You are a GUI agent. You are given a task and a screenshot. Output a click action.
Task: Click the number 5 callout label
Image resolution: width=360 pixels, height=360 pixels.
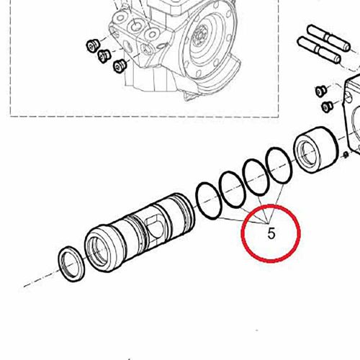tap(271, 233)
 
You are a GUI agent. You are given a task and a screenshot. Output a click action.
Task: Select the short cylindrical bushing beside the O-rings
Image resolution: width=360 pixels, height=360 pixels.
tap(316, 150)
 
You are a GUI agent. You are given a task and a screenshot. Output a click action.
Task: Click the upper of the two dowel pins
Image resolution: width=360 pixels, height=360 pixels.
tap(329, 38)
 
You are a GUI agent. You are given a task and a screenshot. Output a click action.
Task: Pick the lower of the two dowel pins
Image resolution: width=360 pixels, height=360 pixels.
tap(319, 50)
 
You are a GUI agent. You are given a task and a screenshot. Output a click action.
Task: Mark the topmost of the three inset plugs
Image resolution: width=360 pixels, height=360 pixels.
tap(92, 45)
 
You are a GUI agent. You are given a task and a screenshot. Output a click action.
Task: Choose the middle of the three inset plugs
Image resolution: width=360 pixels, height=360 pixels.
tap(104, 56)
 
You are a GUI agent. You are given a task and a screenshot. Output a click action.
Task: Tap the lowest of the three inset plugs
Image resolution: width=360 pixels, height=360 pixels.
tap(120, 66)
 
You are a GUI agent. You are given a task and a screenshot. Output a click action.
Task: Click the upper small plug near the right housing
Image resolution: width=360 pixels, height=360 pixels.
tap(321, 90)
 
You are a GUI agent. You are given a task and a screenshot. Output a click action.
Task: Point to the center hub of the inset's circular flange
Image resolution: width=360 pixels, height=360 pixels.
tap(200, 37)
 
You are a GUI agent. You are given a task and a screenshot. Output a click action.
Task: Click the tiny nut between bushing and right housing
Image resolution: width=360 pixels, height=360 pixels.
tap(346, 155)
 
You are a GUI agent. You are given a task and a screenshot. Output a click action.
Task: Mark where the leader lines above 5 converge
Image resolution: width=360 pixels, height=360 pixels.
tap(268, 223)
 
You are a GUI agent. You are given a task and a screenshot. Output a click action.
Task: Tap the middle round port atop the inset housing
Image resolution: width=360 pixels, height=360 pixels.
tap(136, 25)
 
